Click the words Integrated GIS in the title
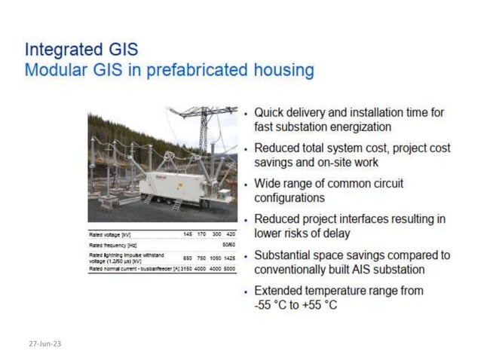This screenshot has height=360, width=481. (x=81, y=50)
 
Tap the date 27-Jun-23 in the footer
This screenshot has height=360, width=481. (x=45, y=343)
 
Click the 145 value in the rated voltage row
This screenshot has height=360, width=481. (x=188, y=234)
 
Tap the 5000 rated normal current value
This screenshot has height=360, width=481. (x=229, y=269)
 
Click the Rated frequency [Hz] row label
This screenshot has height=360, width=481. (x=112, y=245)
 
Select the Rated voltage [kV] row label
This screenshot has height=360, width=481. (x=110, y=234)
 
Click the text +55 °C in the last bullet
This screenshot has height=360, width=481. (x=320, y=305)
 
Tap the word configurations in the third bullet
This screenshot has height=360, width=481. (x=290, y=197)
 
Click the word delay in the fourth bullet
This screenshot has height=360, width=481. (x=333, y=233)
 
